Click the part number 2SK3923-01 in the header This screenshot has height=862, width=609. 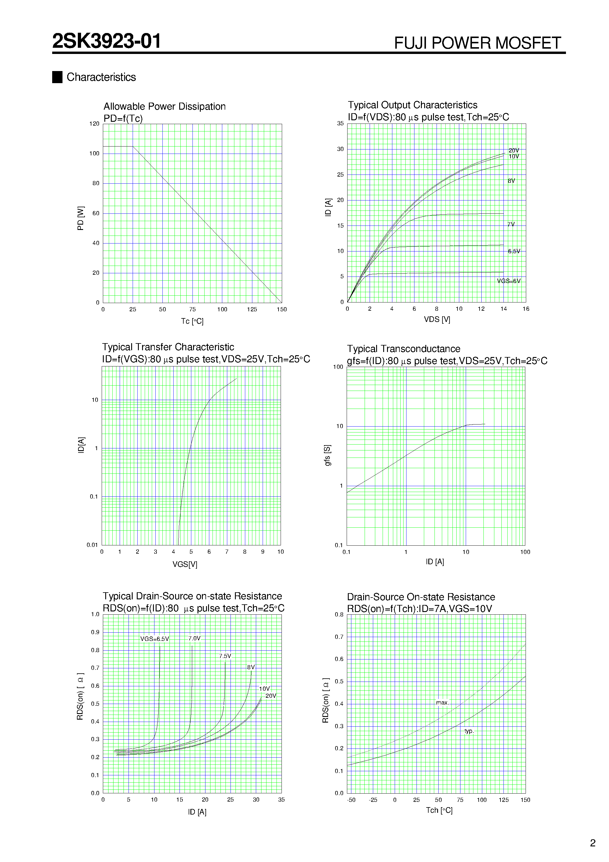pos(107,41)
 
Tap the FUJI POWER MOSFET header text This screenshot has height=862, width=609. pos(477,43)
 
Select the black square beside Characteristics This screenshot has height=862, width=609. pos(57,77)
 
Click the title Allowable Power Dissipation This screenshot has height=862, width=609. pos(164,107)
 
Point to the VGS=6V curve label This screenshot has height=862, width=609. pos(509,281)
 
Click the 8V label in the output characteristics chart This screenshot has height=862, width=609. pos(511,181)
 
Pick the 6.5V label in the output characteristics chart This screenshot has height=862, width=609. pos(514,251)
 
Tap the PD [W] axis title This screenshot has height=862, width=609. pos(80,218)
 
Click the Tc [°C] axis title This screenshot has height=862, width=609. pos(192,321)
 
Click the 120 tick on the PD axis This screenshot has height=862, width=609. pos(94,124)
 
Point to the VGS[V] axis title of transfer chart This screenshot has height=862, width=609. pos(185,564)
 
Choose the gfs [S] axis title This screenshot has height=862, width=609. pos(327,455)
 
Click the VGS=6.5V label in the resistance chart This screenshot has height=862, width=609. pos(155,639)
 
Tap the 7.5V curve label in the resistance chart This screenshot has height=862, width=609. pos(225,656)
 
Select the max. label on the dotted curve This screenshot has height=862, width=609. pos(442,703)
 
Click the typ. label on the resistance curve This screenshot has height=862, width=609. pos(469,731)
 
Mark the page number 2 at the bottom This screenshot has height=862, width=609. pos(593,843)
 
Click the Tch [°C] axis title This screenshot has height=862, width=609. pos(439,811)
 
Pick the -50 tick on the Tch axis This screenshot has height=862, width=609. pos(351,800)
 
